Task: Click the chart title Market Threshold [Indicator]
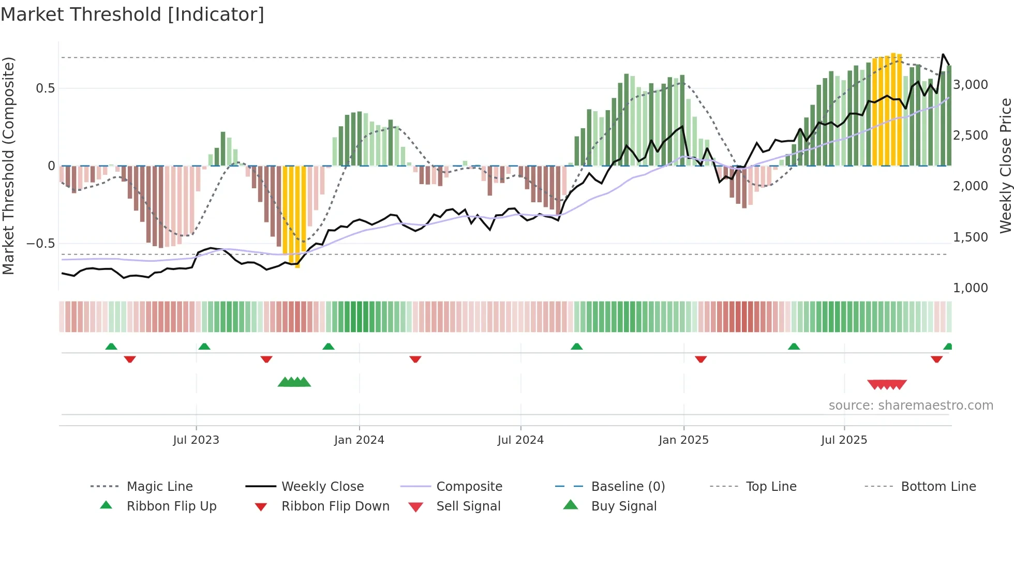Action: pos(132,14)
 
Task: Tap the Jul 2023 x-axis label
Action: pos(196,440)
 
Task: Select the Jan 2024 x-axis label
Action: pos(359,440)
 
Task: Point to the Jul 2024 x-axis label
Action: pos(520,440)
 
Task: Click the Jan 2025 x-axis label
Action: pos(683,440)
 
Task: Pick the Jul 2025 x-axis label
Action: pos(844,440)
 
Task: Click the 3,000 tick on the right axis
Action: pos(971,85)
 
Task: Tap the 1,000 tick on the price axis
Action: pos(971,288)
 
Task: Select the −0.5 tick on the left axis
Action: pos(40,244)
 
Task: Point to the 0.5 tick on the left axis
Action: pos(45,88)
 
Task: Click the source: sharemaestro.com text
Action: pos(911,406)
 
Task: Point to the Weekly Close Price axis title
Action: pos(1005,166)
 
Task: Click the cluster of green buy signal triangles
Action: pos(294,382)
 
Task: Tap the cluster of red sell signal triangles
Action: pos(887,384)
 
